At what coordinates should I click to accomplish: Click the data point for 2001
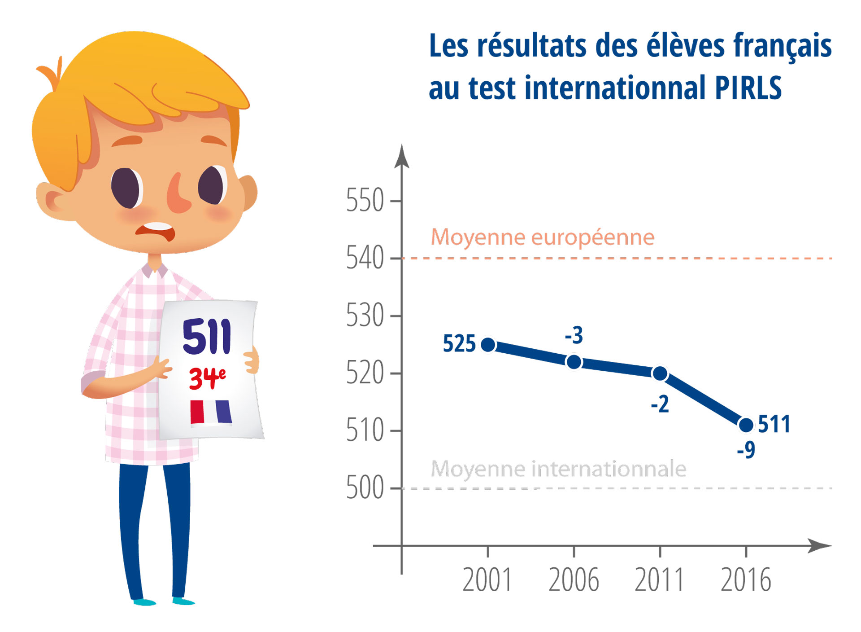click(488, 345)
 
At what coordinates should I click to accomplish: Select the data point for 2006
click(574, 362)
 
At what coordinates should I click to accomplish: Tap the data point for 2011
click(660, 373)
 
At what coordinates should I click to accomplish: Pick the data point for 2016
click(746, 425)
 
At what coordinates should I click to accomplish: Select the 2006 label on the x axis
click(574, 580)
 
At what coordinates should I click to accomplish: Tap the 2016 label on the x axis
click(746, 580)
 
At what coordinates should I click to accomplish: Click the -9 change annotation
click(746, 450)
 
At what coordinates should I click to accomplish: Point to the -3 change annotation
click(574, 335)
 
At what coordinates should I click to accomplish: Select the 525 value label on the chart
click(459, 344)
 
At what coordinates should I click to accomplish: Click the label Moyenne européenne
click(543, 237)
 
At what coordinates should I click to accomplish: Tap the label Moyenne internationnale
click(558, 469)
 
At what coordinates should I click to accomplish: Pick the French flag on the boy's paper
click(211, 412)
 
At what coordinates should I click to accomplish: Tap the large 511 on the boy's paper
click(207, 336)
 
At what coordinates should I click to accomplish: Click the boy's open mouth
click(156, 232)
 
